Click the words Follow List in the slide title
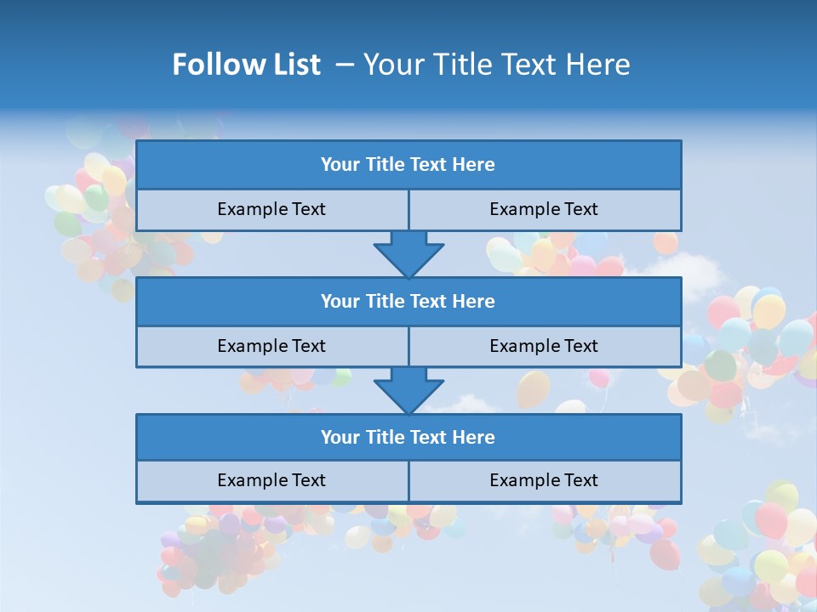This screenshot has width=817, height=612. tap(246, 65)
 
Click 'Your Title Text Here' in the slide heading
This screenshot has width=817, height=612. tap(496, 65)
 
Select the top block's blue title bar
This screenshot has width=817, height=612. tap(408, 165)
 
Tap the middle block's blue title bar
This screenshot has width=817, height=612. tap(408, 302)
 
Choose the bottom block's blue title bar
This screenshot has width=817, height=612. tap(408, 438)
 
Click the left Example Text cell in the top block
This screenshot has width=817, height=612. tap(271, 209)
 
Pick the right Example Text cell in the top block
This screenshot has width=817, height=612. tap(544, 209)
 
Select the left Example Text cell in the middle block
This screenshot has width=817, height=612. tap(271, 346)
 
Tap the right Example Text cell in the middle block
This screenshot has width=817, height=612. tap(544, 346)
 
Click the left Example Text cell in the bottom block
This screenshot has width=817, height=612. tap(271, 480)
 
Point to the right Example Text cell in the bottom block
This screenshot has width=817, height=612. tap(544, 480)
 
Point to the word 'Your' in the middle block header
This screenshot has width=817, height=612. tap(340, 302)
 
